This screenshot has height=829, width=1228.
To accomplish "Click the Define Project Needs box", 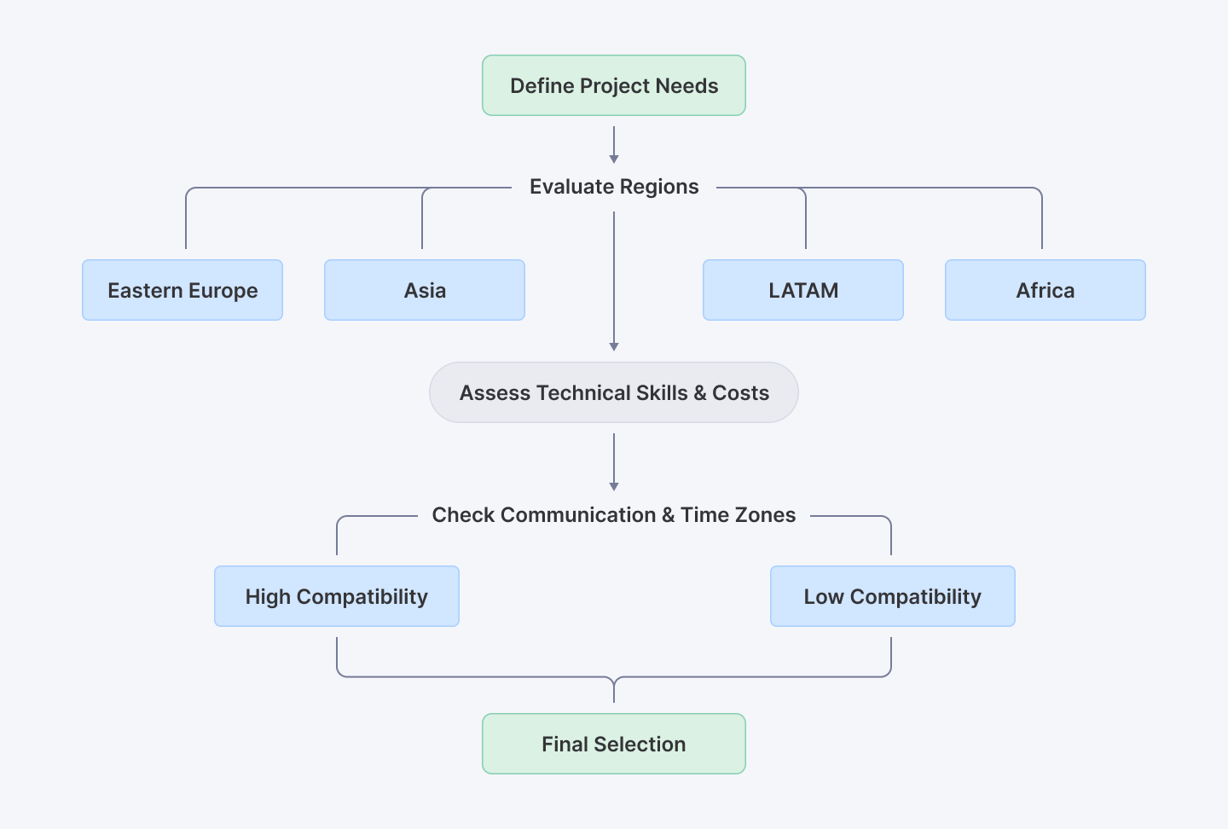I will [x=614, y=85].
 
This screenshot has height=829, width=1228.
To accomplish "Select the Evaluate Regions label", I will [x=614, y=187].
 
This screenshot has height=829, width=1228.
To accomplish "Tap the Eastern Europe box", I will [x=182, y=290].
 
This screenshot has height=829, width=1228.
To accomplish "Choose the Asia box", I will [x=425, y=290].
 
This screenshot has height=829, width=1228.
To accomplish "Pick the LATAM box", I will [x=803, y=290].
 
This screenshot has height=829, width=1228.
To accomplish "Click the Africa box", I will [x=1046, y=290].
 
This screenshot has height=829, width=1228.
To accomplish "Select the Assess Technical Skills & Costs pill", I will [x=614, y=392].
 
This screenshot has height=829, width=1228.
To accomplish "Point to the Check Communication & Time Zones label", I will [x=614, y=515].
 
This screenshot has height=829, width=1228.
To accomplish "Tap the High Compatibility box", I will [x=337, y=596].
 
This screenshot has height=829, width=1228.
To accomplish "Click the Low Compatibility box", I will [x=893, y=596].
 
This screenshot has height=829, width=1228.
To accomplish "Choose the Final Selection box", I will [x=614, y=744].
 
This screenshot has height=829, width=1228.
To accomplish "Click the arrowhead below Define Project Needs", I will [x=614, y=159].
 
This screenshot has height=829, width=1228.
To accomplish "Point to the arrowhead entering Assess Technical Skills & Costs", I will [x=614, y=346].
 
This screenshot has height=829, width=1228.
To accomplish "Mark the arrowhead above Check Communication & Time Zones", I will [x=614, y=486].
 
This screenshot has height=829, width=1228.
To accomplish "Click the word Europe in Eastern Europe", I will [x=223, y=291].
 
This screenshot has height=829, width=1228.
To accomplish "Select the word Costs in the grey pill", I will [x=740, y=393].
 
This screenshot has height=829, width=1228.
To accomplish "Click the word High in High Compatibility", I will [x=268, y=597].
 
